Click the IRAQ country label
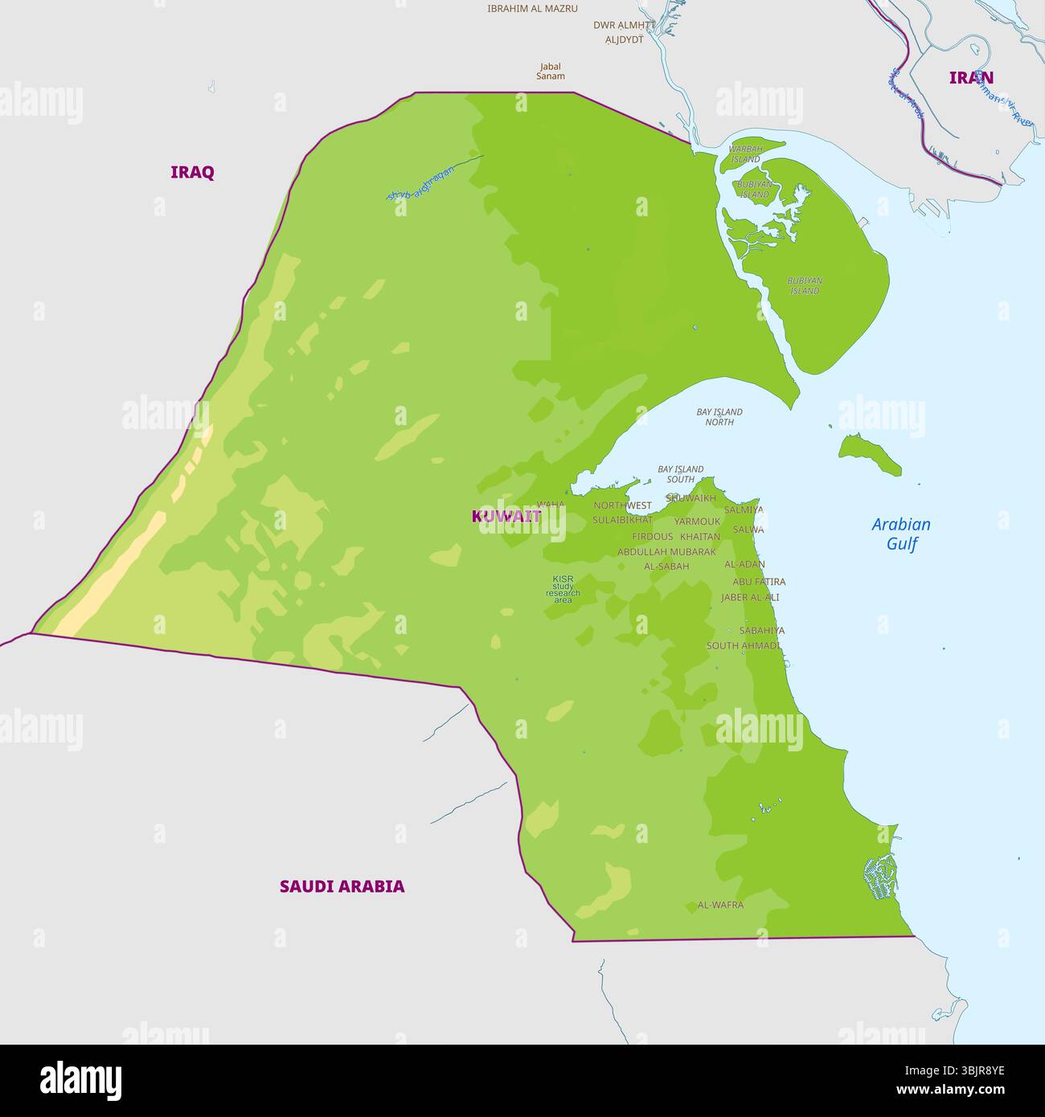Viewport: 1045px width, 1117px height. (x=192, y=172)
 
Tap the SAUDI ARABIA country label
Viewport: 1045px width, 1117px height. (x=342, y=886)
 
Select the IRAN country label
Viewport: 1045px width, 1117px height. (x=971, y=78)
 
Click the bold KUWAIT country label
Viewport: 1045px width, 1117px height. (x=506, y=517)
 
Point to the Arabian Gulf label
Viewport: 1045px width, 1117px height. (x=901, y=534)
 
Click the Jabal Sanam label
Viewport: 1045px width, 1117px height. (x=551, y=72)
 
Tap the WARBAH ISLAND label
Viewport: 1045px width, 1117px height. (x=745, y=154)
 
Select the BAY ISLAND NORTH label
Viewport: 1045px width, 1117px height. (x=719, y=417)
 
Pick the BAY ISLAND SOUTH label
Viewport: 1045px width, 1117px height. (x=680, y=474)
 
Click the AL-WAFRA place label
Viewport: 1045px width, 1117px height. (x=720, y=905)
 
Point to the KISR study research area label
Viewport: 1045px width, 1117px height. (x=563, y=589)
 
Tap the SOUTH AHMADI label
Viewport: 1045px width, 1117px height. (x=743, y=646)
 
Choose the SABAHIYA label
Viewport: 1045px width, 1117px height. (x=761, y=631)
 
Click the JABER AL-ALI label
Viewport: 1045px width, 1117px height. (x=750, y=598)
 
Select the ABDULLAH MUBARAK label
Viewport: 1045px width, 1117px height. (x=666, y=552)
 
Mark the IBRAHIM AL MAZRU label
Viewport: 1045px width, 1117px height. (x=532, y=9)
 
